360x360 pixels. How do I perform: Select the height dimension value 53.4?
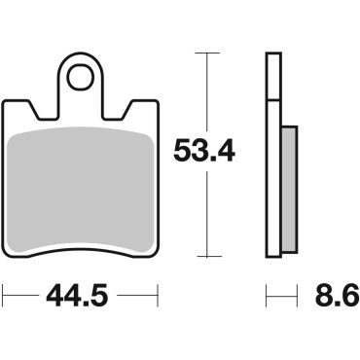click(x=205, y=152)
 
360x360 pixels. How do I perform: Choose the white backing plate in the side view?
click(x=272, y=156)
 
